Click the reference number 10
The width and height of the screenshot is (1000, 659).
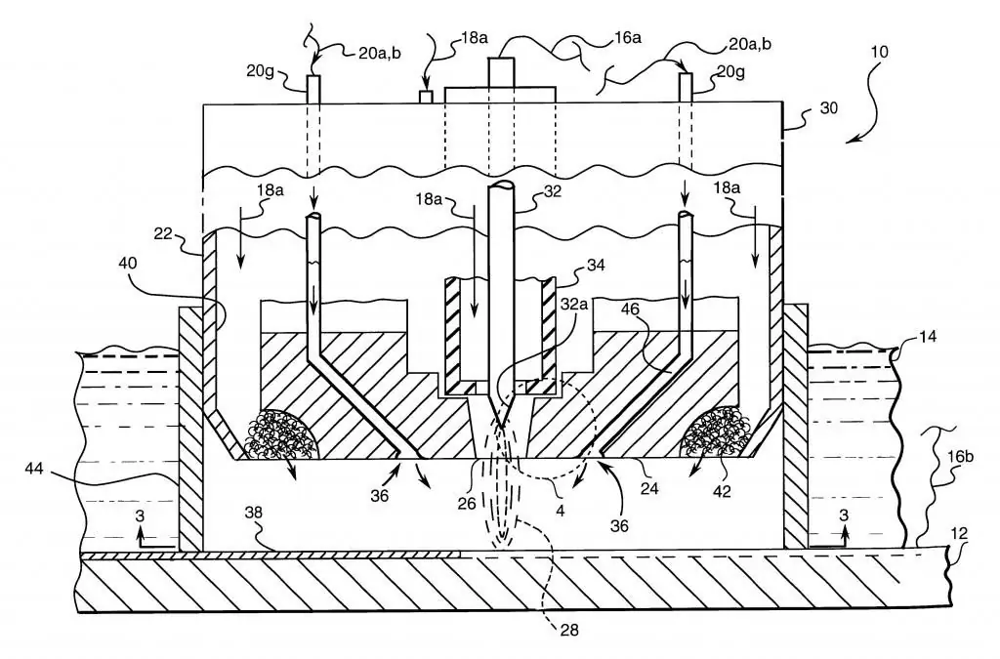[x=879, y=51]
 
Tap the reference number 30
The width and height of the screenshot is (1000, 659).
[x=828, y=108]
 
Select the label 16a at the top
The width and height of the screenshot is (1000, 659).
[x=627, y=38]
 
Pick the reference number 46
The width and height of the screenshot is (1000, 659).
[x=630, y=309]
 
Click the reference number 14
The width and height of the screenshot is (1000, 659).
[x=928, y=336]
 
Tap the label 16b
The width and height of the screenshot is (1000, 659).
[x=960, y=457]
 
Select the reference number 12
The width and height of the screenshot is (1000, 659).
[x=959, y=533]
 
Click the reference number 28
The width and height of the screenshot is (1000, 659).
[x=569, y=631]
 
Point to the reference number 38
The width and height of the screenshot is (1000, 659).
[x=254, y=514]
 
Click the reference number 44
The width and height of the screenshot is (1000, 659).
[x=34, y=469]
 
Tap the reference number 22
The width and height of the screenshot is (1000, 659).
[x=163, y=234]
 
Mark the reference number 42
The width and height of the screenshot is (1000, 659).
[x=722, y=491]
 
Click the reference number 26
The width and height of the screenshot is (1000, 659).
[x=466, y=504]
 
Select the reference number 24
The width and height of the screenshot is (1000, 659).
[x=648, y=490]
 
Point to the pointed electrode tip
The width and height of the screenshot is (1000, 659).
[x=501, y=427]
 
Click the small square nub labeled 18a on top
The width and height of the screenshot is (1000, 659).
[x=426, y=97]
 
